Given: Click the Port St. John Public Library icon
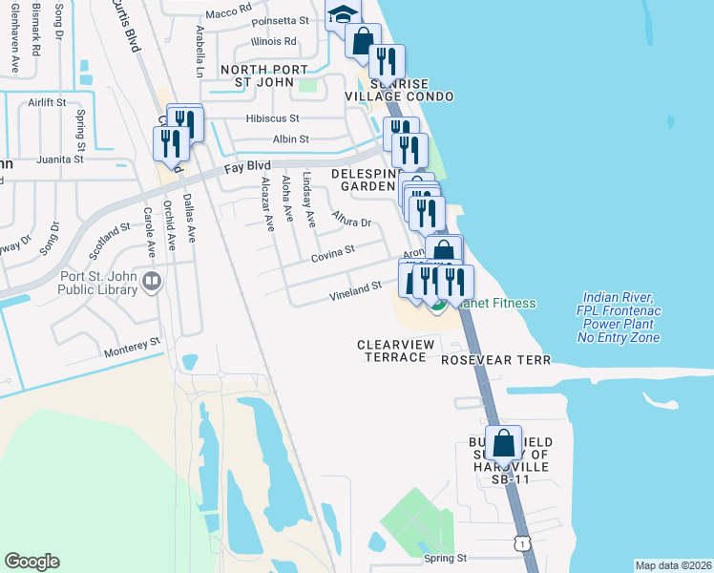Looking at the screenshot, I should pos(150,282).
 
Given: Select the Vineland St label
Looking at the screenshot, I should pos(355,286).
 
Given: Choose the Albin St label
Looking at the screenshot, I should pos(291,138).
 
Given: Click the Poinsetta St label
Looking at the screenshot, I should pos(281,20).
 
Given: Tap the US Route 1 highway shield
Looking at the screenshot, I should pos(520,543).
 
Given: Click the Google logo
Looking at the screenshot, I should pos(31,562).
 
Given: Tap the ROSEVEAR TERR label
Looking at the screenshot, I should pos(496,360).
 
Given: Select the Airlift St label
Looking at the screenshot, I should pos(47,101).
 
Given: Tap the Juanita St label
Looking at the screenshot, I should pos(54,159).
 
